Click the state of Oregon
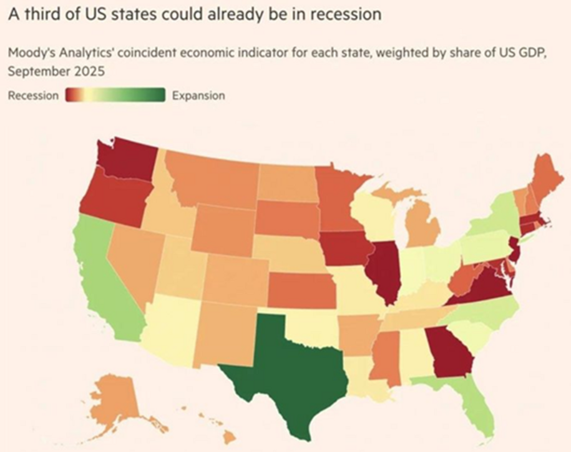(x=112, y=200)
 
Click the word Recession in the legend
(x=34, y=96)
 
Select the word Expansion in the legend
(x=198, y=96)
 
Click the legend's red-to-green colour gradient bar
(x=115, y=96)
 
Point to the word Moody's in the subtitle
(x=29, y=54)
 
